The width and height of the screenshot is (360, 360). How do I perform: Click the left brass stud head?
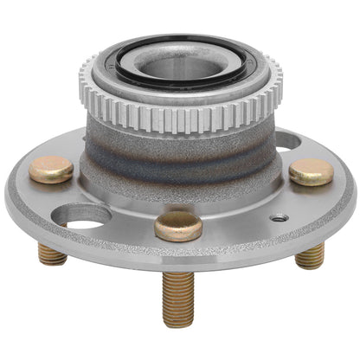point(50,170)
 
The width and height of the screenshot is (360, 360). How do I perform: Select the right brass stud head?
point(311,171)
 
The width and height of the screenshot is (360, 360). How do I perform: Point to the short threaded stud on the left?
point(52,254)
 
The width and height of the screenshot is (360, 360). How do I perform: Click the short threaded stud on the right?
point(309,255)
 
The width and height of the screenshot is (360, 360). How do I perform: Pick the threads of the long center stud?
point(178,294)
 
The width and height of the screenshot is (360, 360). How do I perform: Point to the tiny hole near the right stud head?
point(278,217)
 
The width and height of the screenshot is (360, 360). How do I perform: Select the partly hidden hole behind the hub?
point(286,138)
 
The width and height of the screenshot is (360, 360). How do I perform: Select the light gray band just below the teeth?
point(173,138)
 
